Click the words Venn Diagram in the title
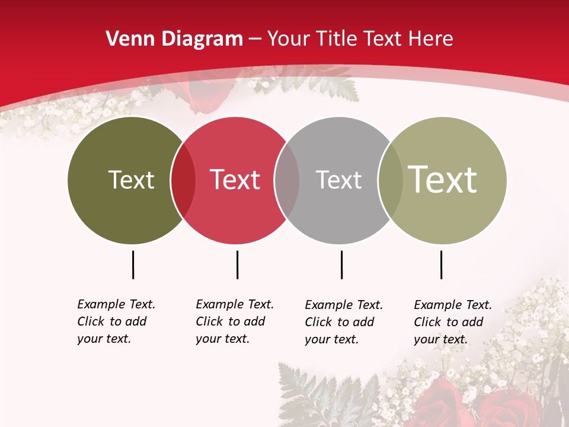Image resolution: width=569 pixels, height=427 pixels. pos(174,39)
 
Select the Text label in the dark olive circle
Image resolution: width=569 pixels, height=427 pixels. pos(131,180)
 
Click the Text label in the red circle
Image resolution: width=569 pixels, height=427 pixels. pos(235,180)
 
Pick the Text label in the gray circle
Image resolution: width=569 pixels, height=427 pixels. pos(338,180)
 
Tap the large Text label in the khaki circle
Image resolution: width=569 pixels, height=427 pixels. pos(443,179)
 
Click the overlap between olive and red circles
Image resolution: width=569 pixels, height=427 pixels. pos(183,180)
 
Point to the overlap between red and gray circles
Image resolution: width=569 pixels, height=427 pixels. pos(287,180)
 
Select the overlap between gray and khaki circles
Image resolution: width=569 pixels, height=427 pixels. pos(390,180)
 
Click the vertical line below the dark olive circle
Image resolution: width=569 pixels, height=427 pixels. pos(133,265)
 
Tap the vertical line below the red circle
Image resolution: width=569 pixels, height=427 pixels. pos(237,265)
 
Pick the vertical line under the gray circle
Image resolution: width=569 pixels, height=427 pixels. pos(341,265)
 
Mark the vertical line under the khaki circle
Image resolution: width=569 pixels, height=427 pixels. pos(441,265)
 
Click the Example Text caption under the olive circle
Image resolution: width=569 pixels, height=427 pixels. pos(116,321)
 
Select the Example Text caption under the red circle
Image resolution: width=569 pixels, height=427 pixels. pos(235,321)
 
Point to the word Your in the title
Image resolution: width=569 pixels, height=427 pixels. pos(287,39)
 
